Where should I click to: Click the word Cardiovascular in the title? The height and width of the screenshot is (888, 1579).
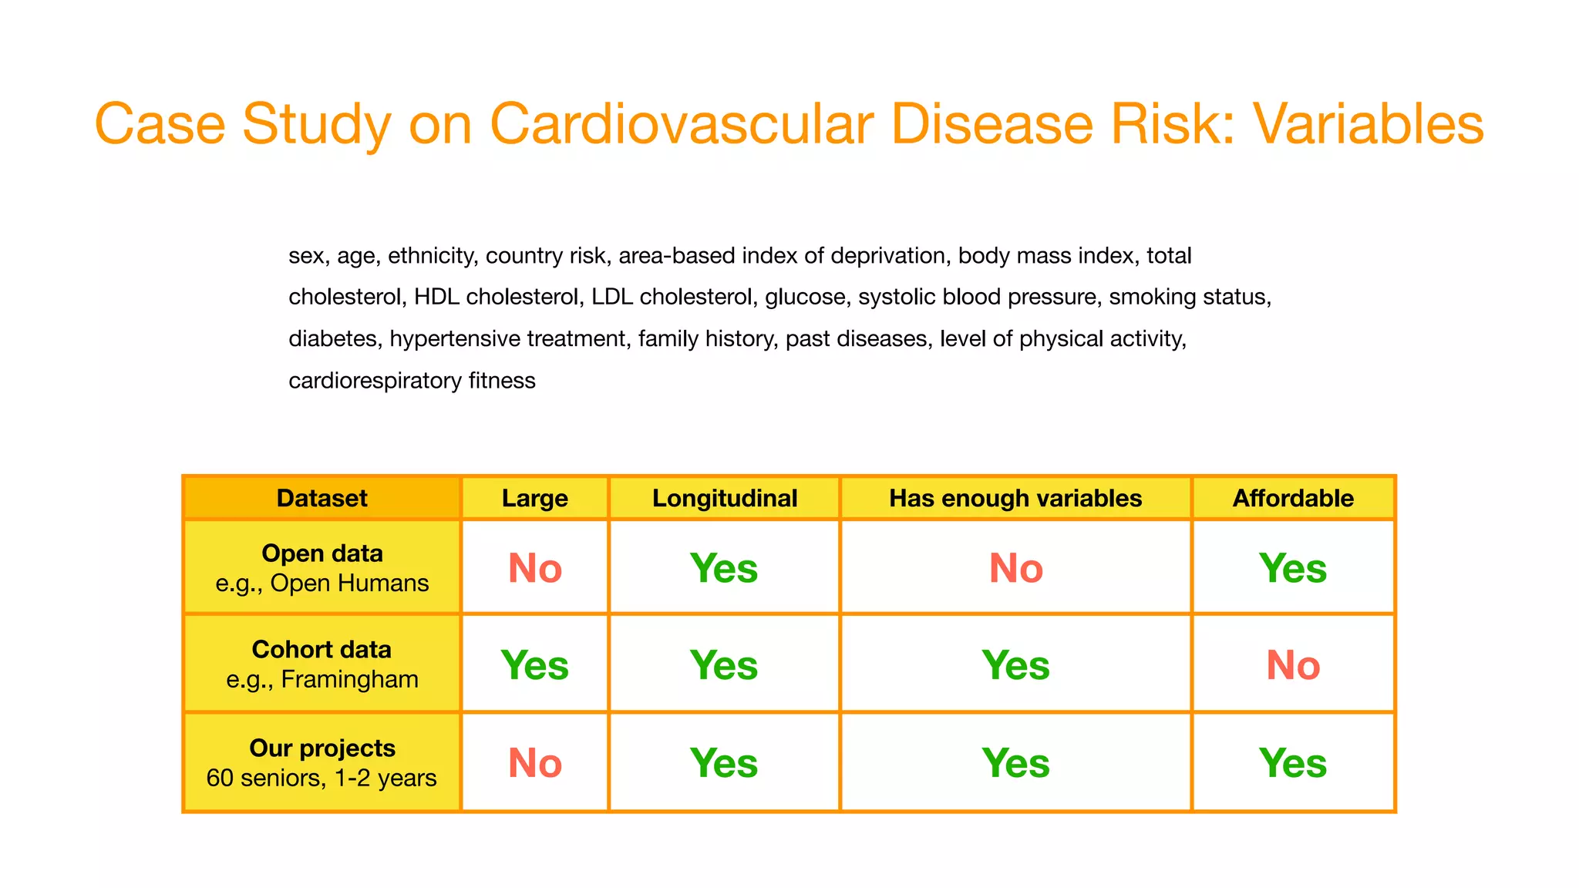(682, 124)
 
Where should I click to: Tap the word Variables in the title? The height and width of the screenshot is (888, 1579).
(1368, 124)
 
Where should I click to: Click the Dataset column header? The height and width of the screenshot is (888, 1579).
(322, 498)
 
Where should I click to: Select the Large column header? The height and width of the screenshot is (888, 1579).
(534, 498)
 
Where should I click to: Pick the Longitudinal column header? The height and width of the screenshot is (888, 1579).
(724, 498)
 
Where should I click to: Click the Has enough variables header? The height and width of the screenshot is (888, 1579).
(1015, 498)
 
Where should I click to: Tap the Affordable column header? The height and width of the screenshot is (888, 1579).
(1293, 498)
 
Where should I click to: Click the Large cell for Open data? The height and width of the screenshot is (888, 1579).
(534, 568)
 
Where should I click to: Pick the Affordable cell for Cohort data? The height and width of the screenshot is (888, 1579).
(1293, 664)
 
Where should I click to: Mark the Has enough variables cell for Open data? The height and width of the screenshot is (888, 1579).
(1015, 568)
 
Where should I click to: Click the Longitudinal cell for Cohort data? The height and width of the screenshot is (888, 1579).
(724, 664)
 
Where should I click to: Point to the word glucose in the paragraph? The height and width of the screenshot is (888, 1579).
(804, 298)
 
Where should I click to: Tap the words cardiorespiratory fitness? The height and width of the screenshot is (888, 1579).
(412, 381)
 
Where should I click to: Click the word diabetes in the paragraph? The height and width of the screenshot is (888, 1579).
(333, 339)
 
